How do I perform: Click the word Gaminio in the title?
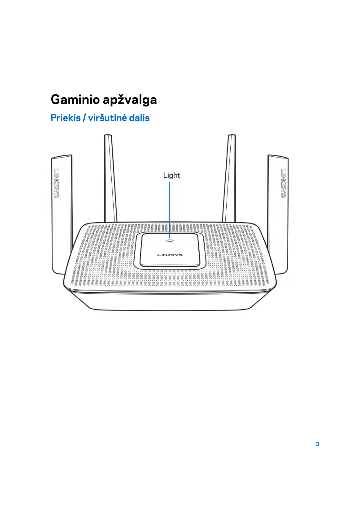[x=75, y=100]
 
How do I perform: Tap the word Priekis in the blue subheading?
[x=66, y=118]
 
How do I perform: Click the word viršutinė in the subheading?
[x=107, y=118]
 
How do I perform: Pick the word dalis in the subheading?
[x=139, y=118]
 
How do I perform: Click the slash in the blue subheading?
[x=84, y=118]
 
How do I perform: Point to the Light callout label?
[x=171, y=175]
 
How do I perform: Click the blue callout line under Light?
[x=169, y=209]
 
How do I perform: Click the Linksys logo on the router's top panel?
[x=170, y=255]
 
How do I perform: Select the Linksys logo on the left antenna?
[x=56, y=183]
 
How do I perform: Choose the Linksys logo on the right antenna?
[x=283, y=183]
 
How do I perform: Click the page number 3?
[x=317, y=444]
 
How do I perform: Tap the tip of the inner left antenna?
[x=108, y=136]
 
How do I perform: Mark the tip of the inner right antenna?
[x=232, y=136]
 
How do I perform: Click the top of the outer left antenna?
[x=61, y=157]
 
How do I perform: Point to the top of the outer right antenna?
[x=278, y=157]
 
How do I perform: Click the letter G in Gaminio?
[x=56, y=100]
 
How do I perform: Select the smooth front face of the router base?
[x=170, y=302]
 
